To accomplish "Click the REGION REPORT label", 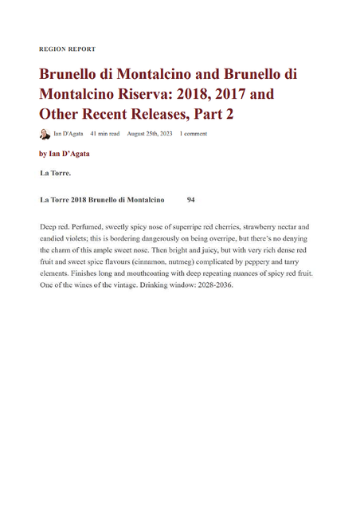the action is (x=67, y=49).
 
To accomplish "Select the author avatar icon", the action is (x=45, y=134).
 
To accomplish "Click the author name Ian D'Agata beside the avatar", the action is (x=68, y=134).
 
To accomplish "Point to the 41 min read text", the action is (x=104, y=134).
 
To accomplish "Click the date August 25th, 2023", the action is (x=149, y=134).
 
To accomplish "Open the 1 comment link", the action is (x=194, y=134).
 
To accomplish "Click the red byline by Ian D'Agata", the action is (x=65, y=153).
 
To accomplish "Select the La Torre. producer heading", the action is (x=55, y=172).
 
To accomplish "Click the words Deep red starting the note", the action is (x=55, y=227).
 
